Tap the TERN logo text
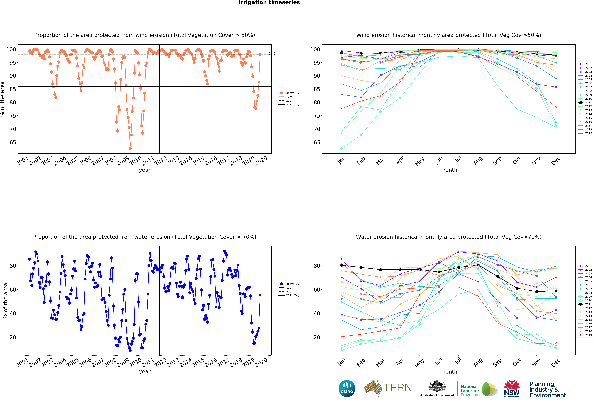pyautogui.click(x=398, y=388)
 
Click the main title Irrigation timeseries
pyautogui.click(x=269, y=3)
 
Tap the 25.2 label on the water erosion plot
pyautogui.click(x=272, y=330)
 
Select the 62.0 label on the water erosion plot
pyautogui.click(x=272, y=286)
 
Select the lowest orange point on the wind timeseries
pyautogui.click(x=130, y=148)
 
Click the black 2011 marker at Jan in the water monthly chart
pyautogui.click(x=342, y=265)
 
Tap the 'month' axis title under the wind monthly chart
pyautogui.click(x=449, y=170)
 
